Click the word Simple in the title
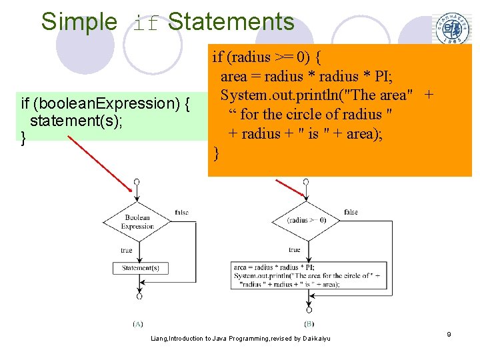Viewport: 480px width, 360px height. point(79,22)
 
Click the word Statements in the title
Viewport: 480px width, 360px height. point(231,22)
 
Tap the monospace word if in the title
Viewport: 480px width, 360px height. point(147,23)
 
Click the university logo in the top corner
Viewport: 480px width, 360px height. point(452,29)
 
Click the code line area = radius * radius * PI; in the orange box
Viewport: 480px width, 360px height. point(307,76)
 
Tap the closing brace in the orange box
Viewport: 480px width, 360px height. point(216,154)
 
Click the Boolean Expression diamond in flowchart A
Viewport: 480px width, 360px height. point(137,222)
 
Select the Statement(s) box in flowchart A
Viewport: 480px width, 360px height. point(139,268)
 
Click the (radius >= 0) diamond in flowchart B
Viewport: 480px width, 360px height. point(307,221)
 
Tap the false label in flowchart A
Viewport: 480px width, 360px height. point(181,212)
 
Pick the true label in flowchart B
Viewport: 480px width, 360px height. point(294,250)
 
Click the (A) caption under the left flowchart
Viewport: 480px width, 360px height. point(138,323)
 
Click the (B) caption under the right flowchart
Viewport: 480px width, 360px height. point(309,323)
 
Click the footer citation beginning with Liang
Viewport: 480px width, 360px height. point(241,339)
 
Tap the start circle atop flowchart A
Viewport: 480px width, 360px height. point(137,181)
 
